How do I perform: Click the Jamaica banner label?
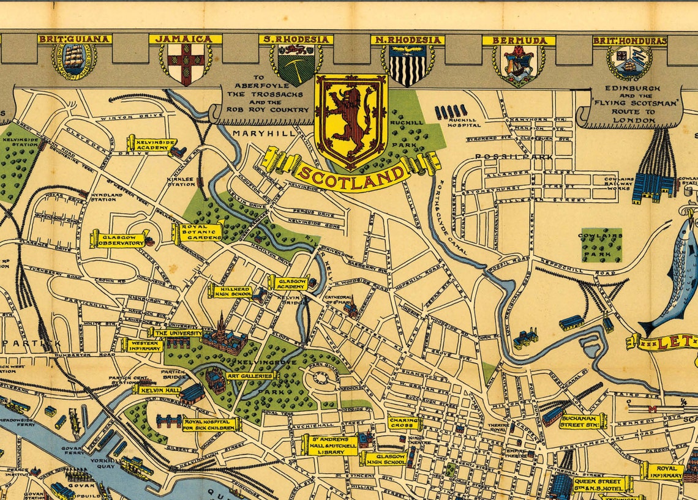(185, 39)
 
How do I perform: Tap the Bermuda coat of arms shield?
(519, 65)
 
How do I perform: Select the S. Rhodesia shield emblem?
(296, 65)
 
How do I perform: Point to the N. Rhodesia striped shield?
(407, 65)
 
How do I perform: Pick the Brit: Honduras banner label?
(629, 41)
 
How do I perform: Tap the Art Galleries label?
(250, 376)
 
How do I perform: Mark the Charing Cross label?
(404, 423)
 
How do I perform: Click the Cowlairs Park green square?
(601, 245)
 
